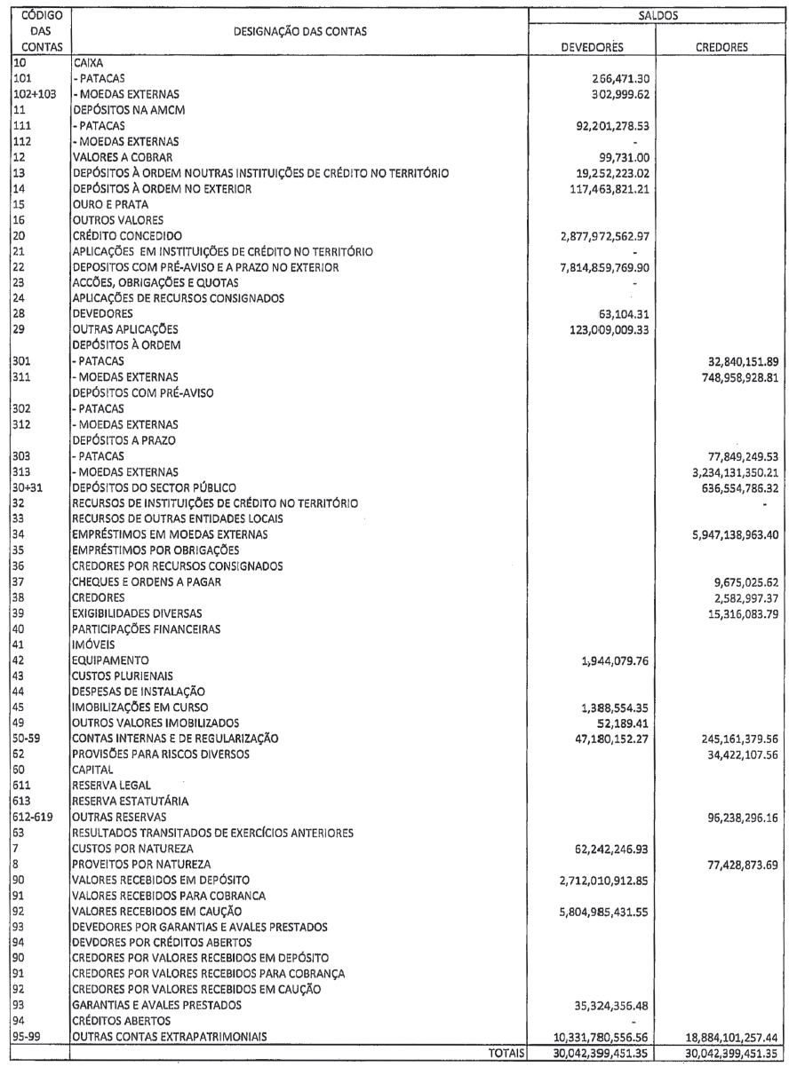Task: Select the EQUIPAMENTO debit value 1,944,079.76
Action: point(612,660)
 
